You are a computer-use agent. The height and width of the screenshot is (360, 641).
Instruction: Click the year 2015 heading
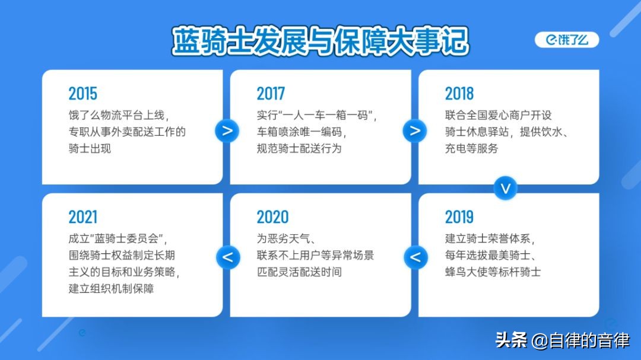click(83, 94)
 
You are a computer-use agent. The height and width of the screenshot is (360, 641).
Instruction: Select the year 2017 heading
click(271, 94)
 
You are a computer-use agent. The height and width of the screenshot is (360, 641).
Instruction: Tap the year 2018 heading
click(459, 94)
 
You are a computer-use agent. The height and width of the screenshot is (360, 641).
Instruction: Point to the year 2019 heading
click(459, 217)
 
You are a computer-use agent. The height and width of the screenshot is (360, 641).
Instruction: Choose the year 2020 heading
click(272, 217)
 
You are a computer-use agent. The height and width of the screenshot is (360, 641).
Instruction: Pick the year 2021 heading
click(83, 217)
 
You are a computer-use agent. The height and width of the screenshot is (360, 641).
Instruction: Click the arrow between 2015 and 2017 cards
click(227, 130)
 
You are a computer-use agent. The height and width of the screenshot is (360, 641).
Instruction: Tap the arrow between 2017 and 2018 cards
click(415, 130)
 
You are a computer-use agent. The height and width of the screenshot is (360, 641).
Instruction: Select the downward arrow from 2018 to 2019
click(505, 189)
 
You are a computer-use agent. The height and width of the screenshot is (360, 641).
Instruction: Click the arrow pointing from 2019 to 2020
click(415, 257)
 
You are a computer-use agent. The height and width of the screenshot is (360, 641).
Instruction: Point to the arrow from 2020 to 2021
click(228, 257)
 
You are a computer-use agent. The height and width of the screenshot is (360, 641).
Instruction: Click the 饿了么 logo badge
click(567, 40)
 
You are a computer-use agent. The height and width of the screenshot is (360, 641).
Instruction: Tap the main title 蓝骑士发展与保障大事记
click(320, 41)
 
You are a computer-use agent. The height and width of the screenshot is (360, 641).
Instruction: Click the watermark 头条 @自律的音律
click(563, 340)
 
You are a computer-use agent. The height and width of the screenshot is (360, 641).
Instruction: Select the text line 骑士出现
click(90, 148)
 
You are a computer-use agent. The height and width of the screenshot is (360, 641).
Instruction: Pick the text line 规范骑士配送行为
click(299, 148)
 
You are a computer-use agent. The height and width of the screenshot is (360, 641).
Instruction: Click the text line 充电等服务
click(472, 148)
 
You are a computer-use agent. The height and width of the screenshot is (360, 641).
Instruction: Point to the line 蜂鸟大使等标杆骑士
click(493, 272)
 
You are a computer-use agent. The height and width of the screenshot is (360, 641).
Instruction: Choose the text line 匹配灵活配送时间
click(299, 272)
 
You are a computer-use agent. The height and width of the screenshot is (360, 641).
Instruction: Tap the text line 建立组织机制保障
click(111, 288)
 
